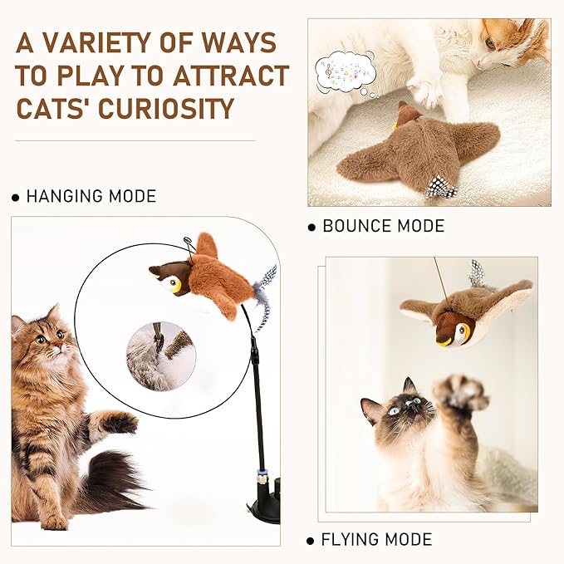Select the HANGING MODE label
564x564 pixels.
click(x=91, y=197)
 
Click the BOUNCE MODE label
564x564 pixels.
click(x=383, y=226)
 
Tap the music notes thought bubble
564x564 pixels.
click(x=345, y=71)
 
